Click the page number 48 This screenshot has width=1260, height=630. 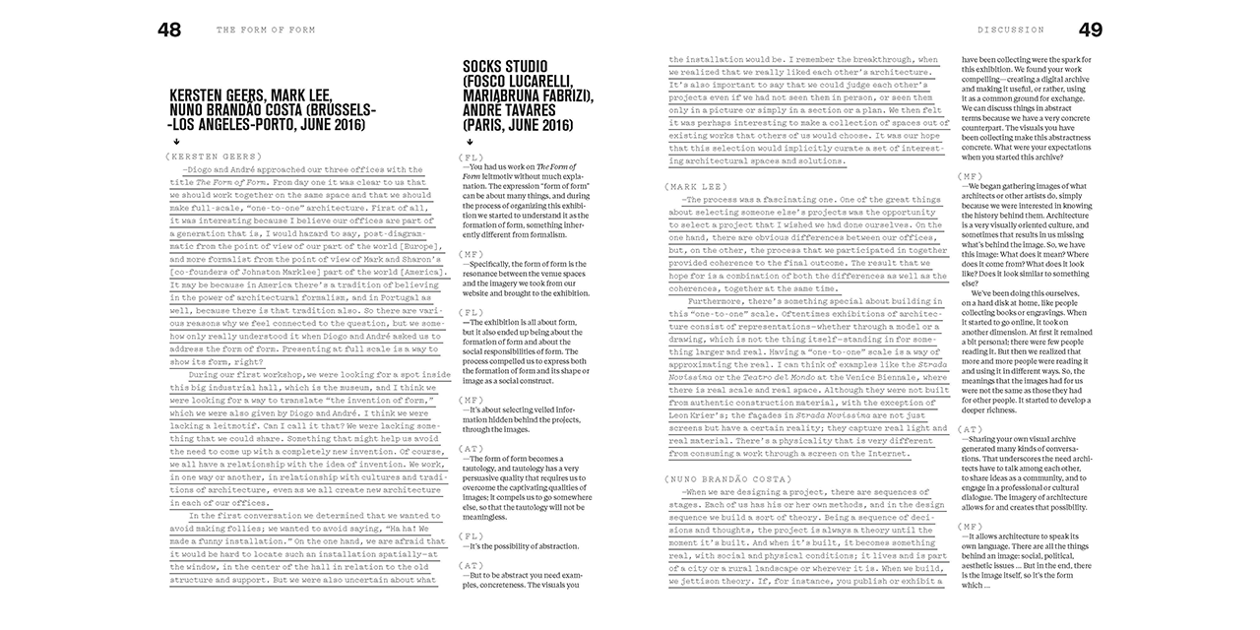pos(169,30)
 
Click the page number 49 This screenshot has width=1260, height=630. pos(1090,30)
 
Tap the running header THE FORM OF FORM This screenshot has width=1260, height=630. pos(266,31)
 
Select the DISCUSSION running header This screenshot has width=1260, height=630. pos(1011,31)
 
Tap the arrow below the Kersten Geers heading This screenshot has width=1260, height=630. pos(175,141)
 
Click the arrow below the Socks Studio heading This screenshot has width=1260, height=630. pos(469,141)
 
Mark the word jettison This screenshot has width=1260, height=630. pos(705,582)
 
